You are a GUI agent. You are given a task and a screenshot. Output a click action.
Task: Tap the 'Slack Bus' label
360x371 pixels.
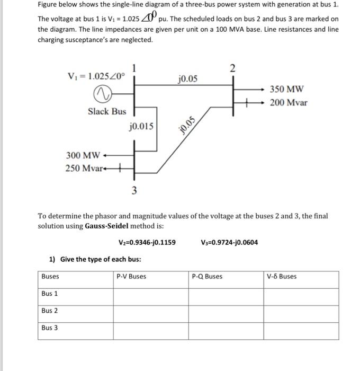107,111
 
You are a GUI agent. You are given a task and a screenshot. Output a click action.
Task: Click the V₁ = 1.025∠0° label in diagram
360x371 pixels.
97,76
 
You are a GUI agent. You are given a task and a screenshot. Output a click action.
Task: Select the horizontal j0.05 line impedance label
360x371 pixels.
188,79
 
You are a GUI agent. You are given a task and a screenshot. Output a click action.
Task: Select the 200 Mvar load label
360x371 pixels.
289,102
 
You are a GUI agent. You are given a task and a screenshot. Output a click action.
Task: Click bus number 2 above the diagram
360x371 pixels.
233,67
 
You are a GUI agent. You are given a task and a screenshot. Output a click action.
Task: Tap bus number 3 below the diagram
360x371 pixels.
134,191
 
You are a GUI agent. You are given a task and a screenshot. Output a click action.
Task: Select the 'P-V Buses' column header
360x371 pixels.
131,277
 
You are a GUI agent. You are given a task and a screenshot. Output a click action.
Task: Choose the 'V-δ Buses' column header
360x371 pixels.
282,277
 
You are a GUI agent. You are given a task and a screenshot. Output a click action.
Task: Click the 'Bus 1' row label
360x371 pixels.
50,294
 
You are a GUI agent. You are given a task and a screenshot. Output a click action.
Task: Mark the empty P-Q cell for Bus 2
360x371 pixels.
226,311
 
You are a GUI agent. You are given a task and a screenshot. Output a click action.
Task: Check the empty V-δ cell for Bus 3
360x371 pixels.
301,329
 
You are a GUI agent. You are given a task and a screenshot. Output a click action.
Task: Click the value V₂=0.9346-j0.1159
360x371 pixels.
147,243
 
